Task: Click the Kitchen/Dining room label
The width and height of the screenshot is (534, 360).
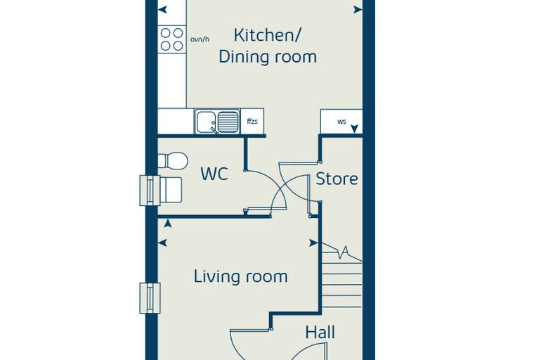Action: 268,46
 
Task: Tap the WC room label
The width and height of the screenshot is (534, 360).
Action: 214,174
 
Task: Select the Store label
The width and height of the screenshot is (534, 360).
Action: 337,179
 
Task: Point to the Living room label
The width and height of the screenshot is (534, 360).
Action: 241,276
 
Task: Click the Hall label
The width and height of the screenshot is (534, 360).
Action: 320,332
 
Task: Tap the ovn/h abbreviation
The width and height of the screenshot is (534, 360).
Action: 200,39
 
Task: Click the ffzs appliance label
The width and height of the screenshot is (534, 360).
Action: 252,121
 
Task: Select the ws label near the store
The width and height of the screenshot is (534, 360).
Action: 341,122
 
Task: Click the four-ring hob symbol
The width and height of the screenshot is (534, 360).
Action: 172,39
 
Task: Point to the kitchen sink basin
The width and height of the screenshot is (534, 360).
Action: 206,122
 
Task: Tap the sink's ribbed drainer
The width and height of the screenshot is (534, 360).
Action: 228,122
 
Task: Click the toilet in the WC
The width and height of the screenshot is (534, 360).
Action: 173,160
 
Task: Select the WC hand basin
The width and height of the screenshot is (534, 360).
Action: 170,190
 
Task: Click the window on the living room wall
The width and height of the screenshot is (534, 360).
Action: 150,298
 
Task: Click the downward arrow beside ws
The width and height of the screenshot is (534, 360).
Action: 355,129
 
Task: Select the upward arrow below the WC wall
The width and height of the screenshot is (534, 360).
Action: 167,224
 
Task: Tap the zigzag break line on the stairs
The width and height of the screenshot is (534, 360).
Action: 342,252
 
